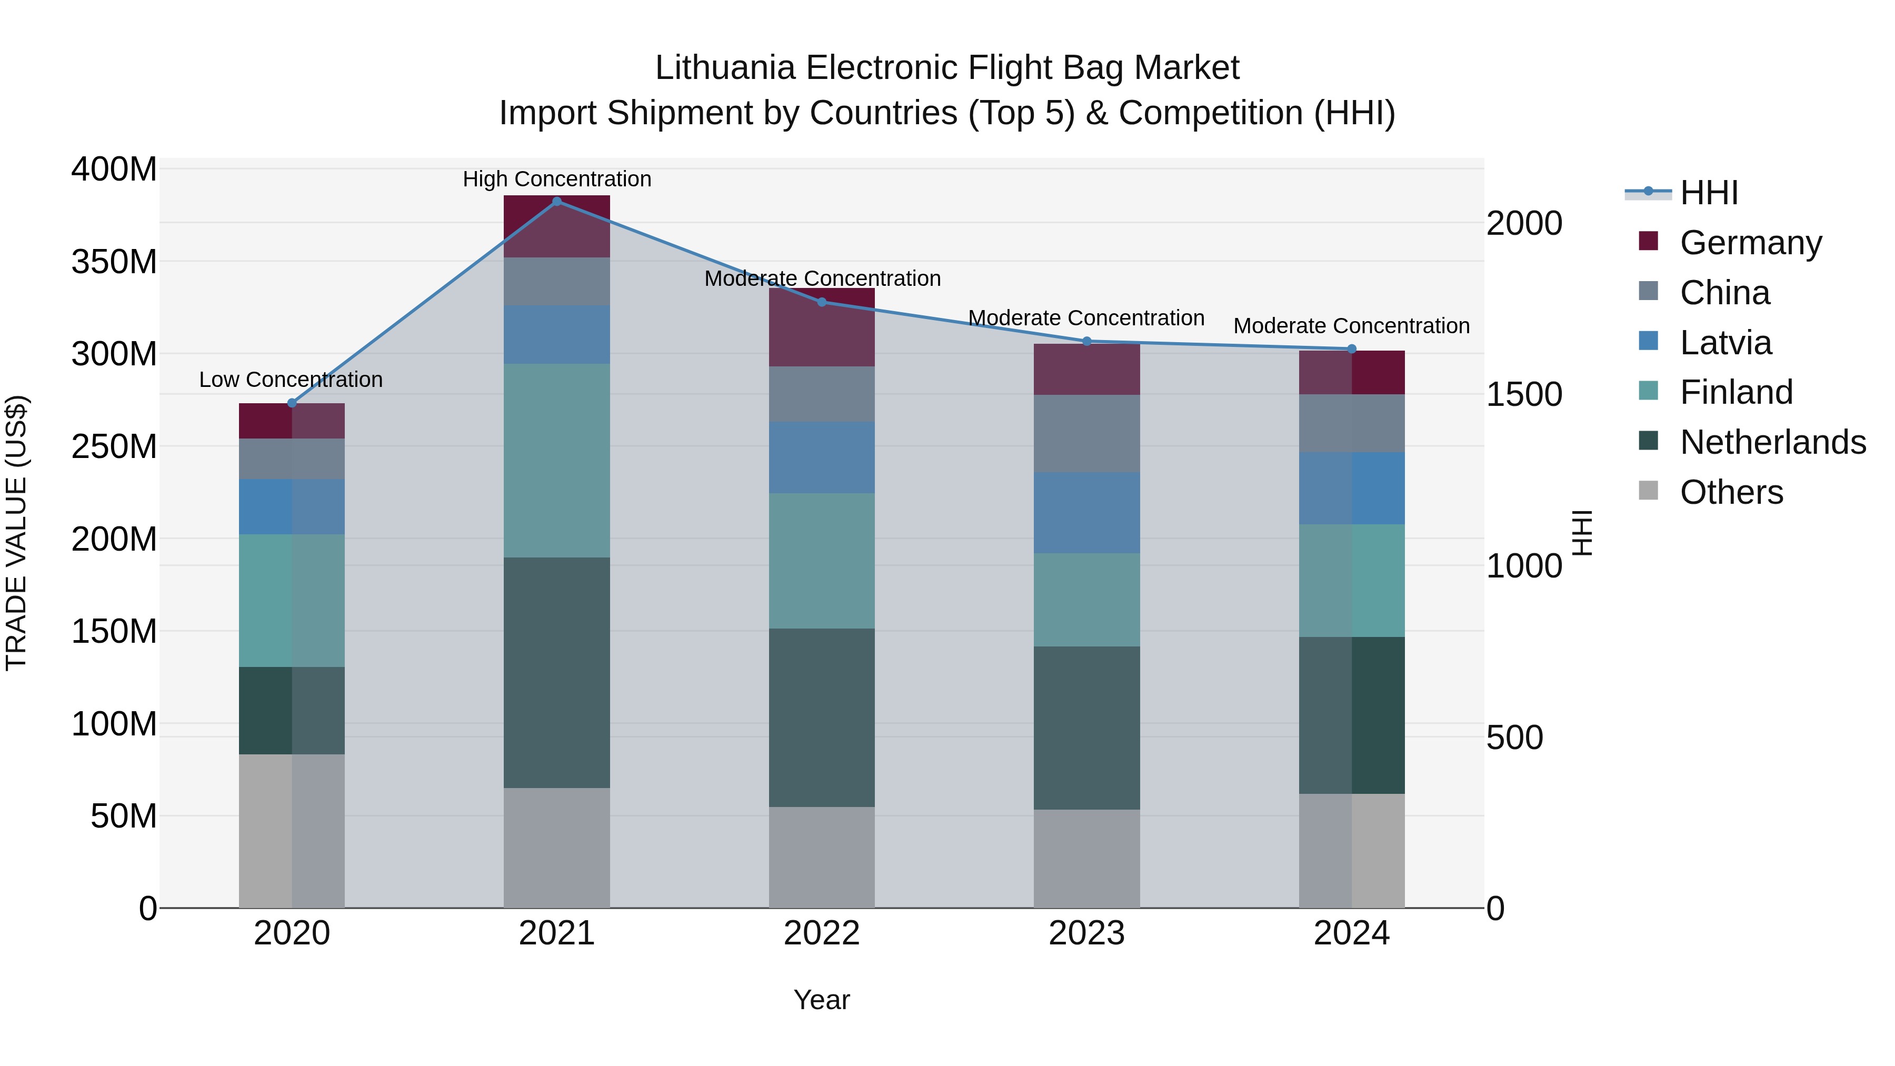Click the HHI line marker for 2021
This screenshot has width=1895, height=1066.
(557, 201)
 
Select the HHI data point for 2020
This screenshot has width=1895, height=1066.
(292, 403)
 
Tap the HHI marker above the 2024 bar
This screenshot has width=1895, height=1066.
(1351, 348)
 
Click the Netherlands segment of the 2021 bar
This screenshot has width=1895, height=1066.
(557, 672)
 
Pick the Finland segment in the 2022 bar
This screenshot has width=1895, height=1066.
(822, 561)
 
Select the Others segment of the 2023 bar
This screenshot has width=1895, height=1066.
(1086, 859)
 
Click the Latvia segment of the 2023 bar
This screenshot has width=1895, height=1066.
(1086, 513)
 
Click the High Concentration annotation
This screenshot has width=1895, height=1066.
(557, 179)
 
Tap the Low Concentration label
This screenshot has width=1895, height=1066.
(291, 380)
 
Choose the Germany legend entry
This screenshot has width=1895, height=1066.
(1751, 243)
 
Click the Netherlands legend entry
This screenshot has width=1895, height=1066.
(1773, 442)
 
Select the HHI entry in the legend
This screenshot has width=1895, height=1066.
(1708, 193)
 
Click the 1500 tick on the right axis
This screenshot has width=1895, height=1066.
(1524, 395)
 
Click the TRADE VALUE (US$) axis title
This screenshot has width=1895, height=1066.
(16, 533)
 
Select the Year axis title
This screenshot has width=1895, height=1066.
(822, 1000)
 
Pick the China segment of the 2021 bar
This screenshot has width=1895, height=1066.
(557, 282)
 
